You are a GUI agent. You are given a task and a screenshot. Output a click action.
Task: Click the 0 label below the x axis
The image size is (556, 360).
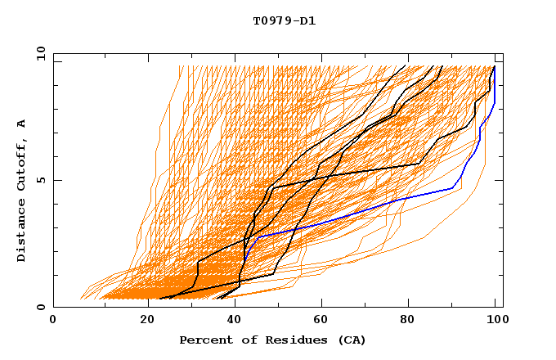53,322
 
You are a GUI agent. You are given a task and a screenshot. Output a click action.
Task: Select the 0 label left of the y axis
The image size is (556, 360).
40,308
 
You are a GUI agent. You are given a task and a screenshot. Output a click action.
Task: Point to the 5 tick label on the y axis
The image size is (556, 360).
40,180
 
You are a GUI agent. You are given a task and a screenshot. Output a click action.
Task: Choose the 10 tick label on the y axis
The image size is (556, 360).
38,53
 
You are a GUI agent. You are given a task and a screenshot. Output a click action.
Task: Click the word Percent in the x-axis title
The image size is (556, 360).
202,340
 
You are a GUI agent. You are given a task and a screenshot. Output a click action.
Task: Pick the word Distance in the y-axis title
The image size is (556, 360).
22,232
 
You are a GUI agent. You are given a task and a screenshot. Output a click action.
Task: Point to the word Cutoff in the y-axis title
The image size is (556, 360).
22,162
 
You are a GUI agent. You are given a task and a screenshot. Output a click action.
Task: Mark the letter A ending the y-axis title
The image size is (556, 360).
22,123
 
